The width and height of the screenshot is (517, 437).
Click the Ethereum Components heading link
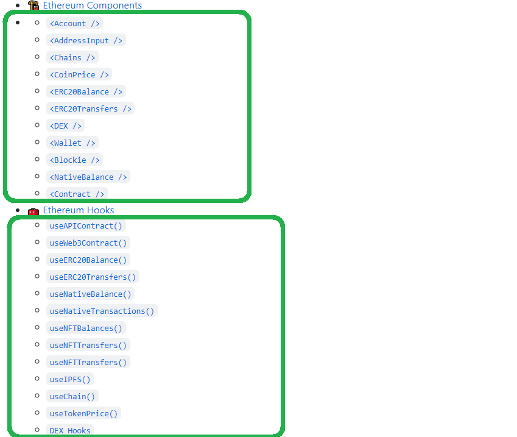tap(92, 5)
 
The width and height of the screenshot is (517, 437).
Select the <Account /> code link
tap(75, 23)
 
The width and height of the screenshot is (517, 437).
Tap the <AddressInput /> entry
tap(86, 40)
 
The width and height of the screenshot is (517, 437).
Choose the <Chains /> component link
tap(72, 57)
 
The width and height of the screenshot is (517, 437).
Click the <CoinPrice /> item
tap(79, 74)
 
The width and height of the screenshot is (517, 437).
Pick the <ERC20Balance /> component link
tap(86, 91)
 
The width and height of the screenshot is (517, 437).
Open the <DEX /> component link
tap(66, 126)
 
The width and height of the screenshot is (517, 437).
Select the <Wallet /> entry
tap(72, 143)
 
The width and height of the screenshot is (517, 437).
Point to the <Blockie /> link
tap(75, 160)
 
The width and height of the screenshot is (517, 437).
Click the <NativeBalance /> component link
tap(88, 177)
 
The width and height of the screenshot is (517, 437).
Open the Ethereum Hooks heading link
tap(79, 210)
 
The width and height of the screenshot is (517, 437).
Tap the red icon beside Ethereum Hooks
tap(33, 211)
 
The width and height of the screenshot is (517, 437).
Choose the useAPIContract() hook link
tap(86, 226)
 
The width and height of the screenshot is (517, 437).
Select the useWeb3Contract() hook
tap(88, 243)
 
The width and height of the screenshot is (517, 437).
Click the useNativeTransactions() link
tap(102, 311)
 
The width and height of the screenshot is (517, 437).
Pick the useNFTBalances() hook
tap(86, 328)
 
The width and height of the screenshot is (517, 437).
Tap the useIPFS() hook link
tap(70, 379)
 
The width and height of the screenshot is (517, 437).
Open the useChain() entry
tap(72, 396)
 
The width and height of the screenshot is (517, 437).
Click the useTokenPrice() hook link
tap(83, 413)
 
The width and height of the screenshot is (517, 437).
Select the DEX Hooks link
tap(70, 430)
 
